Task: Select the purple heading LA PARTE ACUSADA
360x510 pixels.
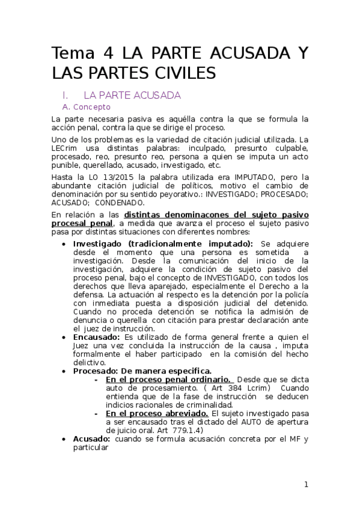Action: [x=132, y=95]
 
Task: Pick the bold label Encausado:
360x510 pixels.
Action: [x=94, y=337]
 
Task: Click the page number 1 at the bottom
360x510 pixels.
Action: [x=306, y=485]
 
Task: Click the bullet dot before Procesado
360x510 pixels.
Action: [x=65, y=372]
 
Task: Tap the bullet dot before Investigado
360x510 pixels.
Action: [x=65, y=244]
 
